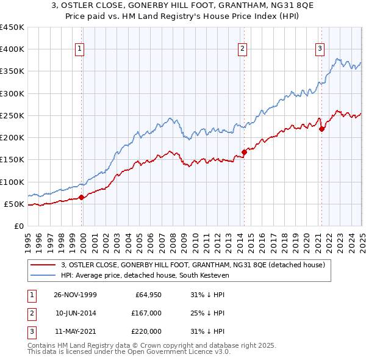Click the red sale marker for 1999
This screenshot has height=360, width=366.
(82, 197)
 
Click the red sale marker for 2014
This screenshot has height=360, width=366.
(244, 152)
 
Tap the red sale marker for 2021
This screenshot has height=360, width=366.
(321, 129)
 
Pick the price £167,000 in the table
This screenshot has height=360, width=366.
(146, 313)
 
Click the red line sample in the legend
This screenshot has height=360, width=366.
(43, 265)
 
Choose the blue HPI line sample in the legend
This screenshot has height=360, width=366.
(43, 275)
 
